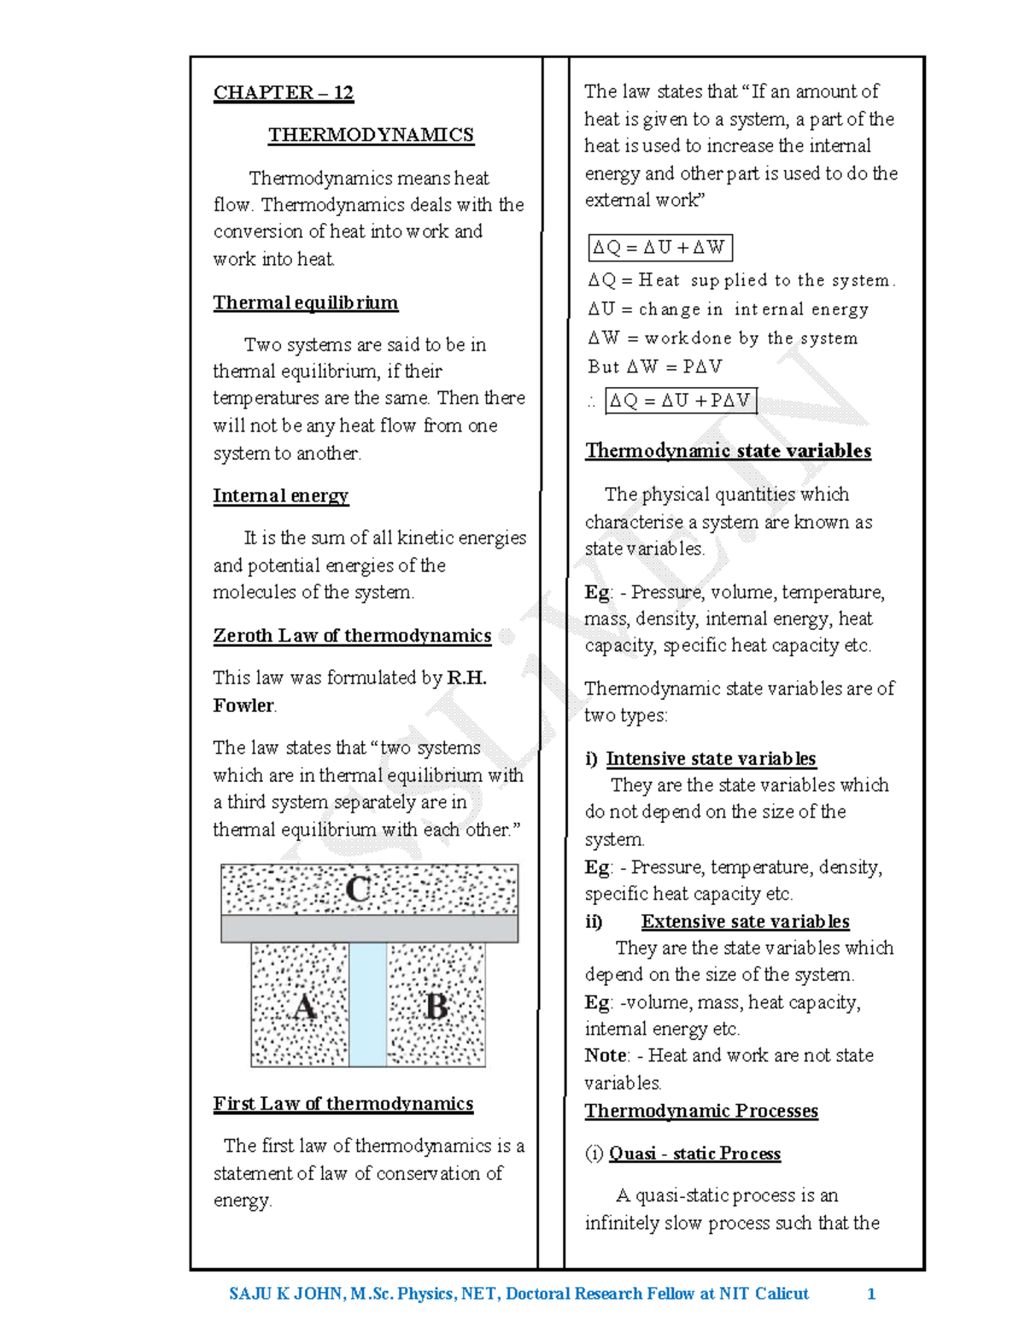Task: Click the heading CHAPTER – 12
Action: point(283,92)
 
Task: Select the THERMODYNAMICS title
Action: point(371,135)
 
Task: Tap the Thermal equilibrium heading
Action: point(305,302)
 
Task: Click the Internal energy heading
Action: point(280,496)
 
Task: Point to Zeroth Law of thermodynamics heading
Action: point(352,636)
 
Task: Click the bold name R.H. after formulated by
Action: point(466,678)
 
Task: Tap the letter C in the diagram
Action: point(359,890)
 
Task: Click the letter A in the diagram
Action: point(305,1007)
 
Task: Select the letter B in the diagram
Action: point(436,1007)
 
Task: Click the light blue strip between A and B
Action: point(367,1005)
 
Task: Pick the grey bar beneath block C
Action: point(369,929)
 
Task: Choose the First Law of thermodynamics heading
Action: point(343,1103)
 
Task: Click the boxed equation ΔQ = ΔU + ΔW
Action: point(659,248)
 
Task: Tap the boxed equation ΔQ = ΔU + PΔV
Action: point(680,400)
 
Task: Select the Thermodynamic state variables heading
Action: point(728,451)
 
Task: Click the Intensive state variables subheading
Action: point(711,759)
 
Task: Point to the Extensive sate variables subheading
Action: point(745,921)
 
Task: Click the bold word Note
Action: point(606,1055)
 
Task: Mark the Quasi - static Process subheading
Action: point(694,1154)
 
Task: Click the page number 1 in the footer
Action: point(871,1294)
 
